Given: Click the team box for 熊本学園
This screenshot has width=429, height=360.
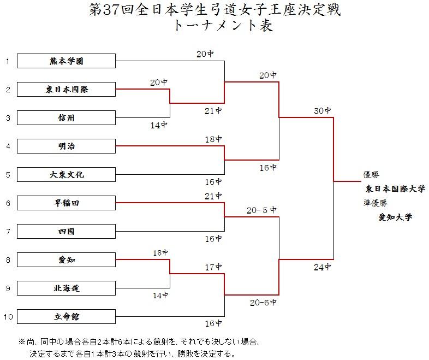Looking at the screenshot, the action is (x=66, y=61).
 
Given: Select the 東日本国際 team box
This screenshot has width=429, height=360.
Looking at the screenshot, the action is (x=66, y=89).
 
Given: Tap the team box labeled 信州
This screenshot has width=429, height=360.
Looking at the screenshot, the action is (x=66, y=117).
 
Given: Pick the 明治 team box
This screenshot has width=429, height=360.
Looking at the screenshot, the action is (x=66, y=146).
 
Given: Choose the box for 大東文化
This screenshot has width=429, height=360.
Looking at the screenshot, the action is (x=66, y=174).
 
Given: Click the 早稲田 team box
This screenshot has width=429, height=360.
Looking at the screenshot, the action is (x=66, y=203).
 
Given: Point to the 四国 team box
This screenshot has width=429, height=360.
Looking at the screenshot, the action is (x=66, y=231).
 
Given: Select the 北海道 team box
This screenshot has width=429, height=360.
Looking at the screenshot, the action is (x=66, y=288).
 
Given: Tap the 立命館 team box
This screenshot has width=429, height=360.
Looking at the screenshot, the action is (x=66, y=316).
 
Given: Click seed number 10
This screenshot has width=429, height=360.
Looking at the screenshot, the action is (x=8, y=317).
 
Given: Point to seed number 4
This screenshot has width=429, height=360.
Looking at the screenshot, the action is (x=8, y=146).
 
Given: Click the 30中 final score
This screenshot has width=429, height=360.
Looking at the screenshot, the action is (x=323, y=110).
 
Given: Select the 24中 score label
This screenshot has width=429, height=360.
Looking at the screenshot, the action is (x=323, y=267).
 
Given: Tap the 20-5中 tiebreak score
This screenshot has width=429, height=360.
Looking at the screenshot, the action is (x=261, y=210).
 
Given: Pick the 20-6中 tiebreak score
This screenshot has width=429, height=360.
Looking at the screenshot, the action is (x=263, y=302).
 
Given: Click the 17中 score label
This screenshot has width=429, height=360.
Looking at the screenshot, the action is (x=213, y=267).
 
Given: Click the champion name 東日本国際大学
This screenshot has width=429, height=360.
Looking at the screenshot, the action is (x=395, y=188).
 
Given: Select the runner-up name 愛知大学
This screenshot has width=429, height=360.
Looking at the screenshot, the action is (x=395, y=217).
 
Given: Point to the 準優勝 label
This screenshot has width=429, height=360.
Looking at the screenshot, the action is (x=376, y=203).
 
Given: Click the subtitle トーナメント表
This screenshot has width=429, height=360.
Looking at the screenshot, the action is (x=223, y=26).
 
